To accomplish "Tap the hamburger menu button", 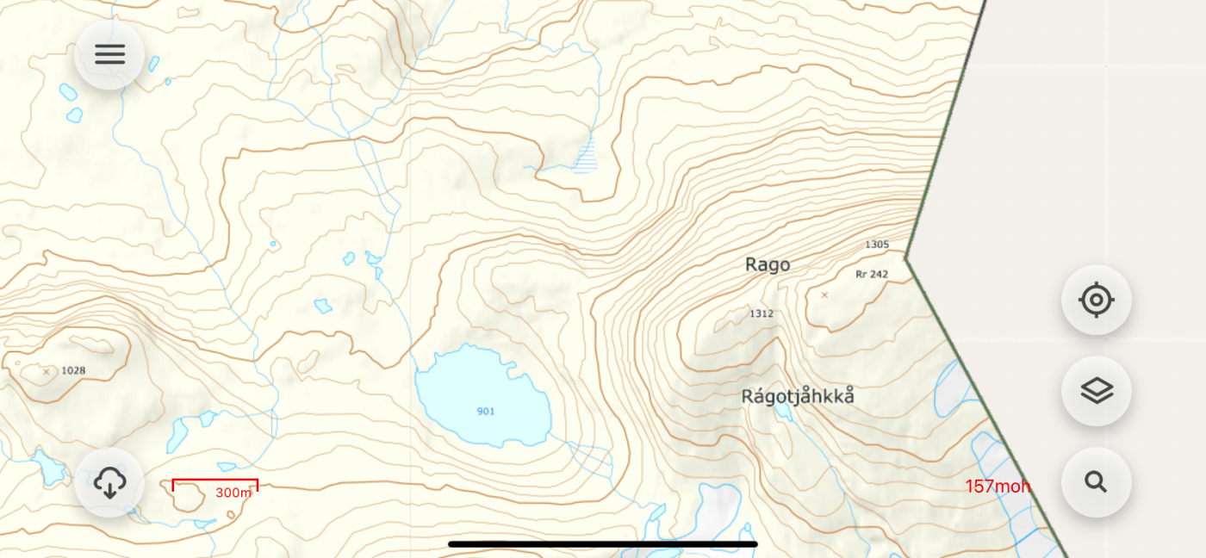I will coord(109,54).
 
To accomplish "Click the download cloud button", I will coord(109,482).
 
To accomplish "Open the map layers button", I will coord(1096,391).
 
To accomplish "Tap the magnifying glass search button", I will coord(1096,482).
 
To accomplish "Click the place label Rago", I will coord(767,265).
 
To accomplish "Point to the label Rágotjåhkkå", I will coord(798,397).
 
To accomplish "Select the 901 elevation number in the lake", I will coord(486,412).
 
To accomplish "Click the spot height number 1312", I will coord(761,313).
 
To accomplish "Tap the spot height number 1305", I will coord(877,245).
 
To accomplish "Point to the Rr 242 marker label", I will coord(872,275).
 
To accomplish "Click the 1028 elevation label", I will coord(74,370).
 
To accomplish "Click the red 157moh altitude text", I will coord(998,487).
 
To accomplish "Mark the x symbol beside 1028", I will coord(47,372).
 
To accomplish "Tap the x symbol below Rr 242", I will coord(824,294).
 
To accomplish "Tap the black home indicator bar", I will coord(603,544).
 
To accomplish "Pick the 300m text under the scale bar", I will coord(233,493).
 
